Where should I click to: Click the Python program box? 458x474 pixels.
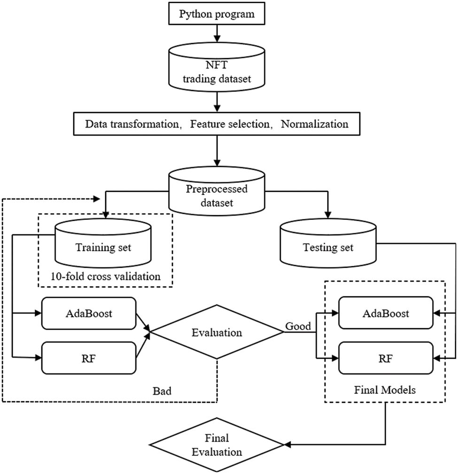tap(217, 14)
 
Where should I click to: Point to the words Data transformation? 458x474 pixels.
tap(134, 124)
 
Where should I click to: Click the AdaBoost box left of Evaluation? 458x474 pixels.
tap(89, 314)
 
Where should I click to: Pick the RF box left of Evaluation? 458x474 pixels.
tap(89, 357)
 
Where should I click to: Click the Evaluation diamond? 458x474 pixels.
tap(217, 332)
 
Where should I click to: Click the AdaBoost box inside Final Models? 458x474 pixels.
tap(385, 314)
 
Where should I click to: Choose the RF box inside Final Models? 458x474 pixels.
tap(385, 358)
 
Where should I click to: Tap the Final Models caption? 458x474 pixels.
tap(385, 390)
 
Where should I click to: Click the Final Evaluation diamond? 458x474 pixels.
tap(217, 445)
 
